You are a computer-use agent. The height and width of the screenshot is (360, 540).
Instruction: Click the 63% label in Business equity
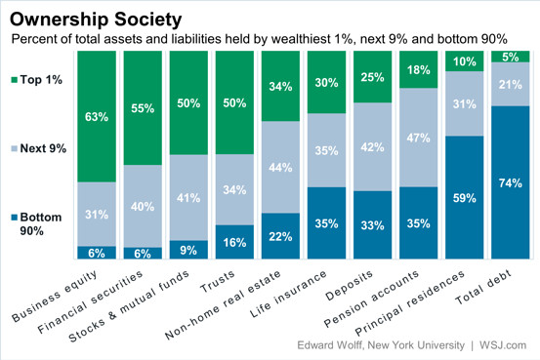pyautogui.click(x=97, y=118)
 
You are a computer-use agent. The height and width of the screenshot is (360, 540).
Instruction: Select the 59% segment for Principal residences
pyautogui.click(x=465, y=198)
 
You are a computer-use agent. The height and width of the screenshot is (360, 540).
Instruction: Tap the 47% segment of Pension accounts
pyautogui.click(x=419, y=138)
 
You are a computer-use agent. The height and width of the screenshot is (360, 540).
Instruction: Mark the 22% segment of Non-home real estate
pyautogui.click(x=281, y=235)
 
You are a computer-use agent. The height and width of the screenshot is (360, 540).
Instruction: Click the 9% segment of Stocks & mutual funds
pyautogui.click(x=189, y=250)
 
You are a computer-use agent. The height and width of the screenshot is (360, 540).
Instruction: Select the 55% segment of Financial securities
pyautogui.click(x=143, y=108)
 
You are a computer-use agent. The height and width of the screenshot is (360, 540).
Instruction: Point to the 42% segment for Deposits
pyautogui.click(x=373, y=147)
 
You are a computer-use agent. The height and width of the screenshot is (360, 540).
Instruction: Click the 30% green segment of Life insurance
pyautogui.click(x=327, y=83)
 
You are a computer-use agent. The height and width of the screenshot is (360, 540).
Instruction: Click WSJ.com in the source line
pyautogui.click(x=504, y=346)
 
